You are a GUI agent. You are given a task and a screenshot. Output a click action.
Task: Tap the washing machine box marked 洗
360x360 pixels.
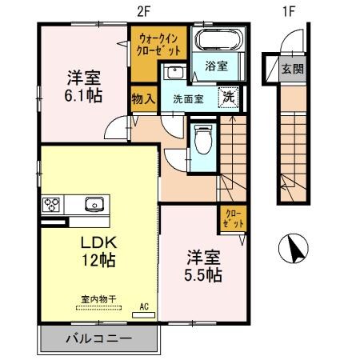pyautogui.click(x=228, y=95)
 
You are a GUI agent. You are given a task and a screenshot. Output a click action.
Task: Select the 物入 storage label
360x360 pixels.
pyautogui.click(x=142, y=100)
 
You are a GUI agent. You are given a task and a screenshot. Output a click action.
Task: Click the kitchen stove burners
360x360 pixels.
pyautogui.click(x=53, y=202)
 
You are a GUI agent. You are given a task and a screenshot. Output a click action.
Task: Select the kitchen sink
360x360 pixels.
pyautogui.click(x=94, y=202)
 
